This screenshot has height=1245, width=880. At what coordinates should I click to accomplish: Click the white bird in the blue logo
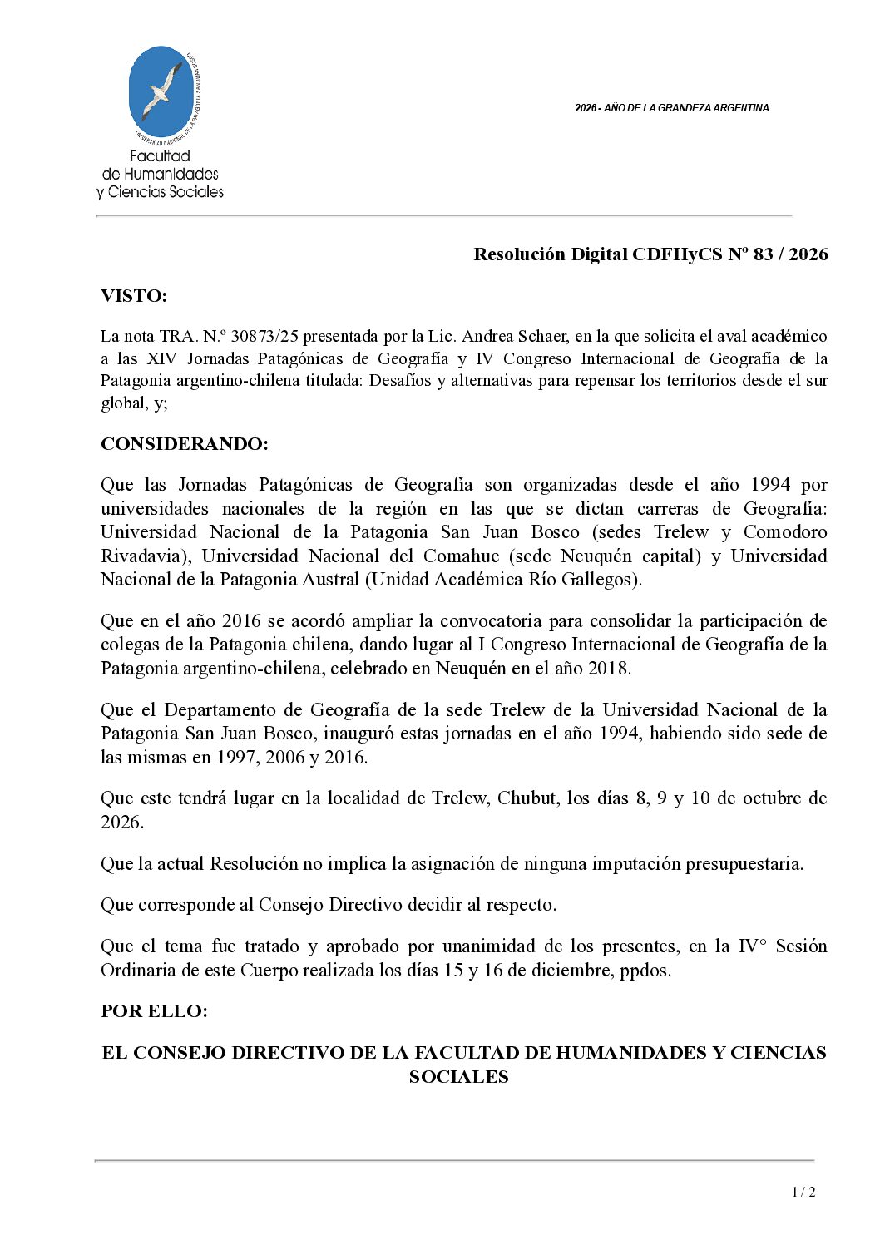point(162,90)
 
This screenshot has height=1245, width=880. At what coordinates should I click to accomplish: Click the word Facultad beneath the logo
point(161,156)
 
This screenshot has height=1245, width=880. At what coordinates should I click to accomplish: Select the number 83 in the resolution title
point(763,254)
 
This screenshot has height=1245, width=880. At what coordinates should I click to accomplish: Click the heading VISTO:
point(134,296)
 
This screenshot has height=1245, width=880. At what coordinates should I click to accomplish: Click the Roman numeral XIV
point(161,358)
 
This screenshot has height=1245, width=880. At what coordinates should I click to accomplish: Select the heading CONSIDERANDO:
point(185,444)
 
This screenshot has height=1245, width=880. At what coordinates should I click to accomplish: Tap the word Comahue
point(461,556)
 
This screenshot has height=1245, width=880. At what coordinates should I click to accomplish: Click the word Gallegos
point(601,580)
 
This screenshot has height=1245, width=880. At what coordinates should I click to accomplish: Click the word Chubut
point(527,798)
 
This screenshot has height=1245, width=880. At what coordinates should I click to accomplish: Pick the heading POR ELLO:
point(154,1011)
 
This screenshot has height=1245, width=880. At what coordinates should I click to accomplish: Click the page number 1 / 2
point(803,1192)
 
